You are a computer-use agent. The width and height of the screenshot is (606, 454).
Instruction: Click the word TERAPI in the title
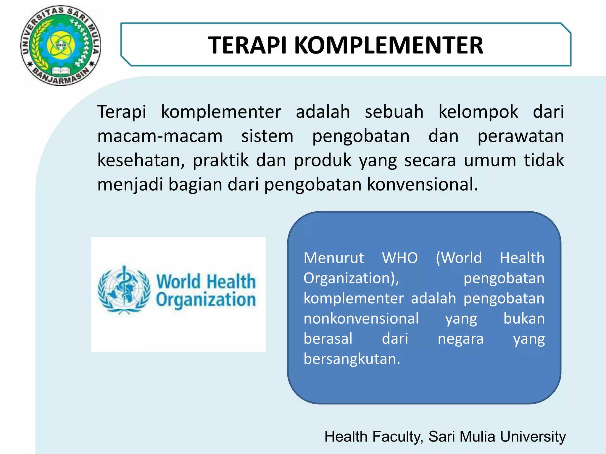247,45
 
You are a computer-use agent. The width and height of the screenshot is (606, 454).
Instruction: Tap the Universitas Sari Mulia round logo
61,46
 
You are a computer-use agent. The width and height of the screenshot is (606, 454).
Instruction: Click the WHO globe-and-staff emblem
124,290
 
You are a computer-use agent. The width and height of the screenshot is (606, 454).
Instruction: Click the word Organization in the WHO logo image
206,300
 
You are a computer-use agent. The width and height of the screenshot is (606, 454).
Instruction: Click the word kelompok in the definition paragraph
478,112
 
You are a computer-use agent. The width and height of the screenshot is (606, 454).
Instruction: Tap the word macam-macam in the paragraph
160,136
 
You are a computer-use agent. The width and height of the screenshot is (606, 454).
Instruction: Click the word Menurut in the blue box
333,258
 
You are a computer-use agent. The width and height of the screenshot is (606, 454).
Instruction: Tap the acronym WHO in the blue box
400,258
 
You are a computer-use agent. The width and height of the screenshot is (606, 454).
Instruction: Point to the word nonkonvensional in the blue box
361,319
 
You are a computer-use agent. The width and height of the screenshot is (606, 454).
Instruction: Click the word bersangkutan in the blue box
352,359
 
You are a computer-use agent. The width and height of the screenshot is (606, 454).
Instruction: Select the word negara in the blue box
460,339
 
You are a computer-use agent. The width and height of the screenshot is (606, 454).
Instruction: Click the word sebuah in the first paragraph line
394,112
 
